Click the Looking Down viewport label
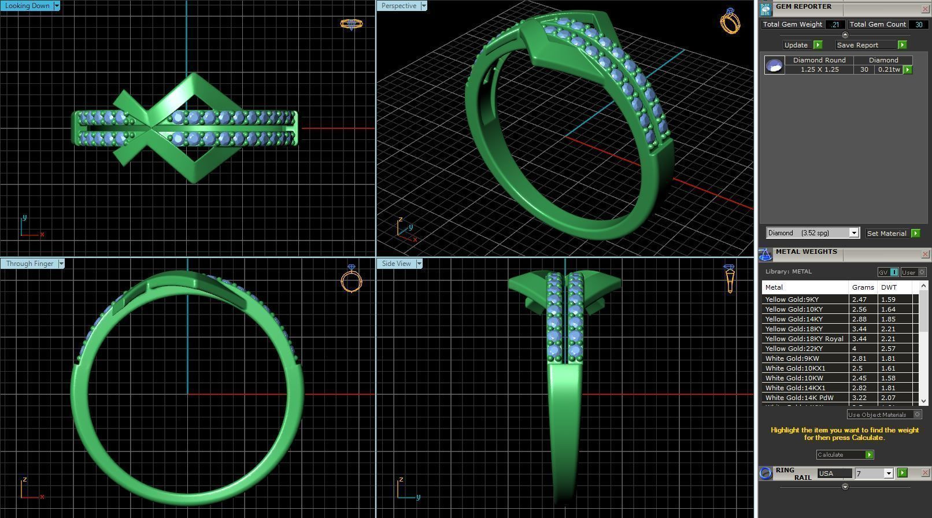(27, 6)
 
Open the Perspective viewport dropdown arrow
(424, 6)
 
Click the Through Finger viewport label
(29, 264)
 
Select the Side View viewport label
(396, 264)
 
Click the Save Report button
(857, 45)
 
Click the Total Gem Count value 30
(918, 24)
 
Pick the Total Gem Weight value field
(835, 24)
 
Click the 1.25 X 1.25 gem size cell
(819, 69)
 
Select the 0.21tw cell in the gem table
(888, 69)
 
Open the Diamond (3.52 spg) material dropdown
(853, 233)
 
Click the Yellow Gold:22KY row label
(794, 349)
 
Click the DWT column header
(889, 287)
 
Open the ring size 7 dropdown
(889, 473)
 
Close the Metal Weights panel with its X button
(924, 254)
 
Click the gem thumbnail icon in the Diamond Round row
(774, 65)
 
